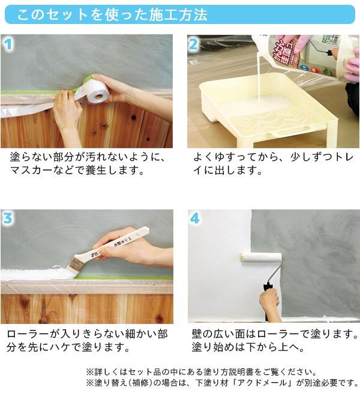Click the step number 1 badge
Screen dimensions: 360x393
[x=8, y=44]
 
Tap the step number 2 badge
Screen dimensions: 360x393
[x=193, y=44]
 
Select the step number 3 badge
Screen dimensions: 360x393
[x=8, y=218]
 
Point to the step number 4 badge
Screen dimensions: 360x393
[x=195, y=218]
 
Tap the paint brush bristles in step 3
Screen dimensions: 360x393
[x=72, y=266]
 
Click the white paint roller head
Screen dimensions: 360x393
[x=261, y=257]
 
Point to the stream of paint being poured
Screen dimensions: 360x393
[x=258, y=80]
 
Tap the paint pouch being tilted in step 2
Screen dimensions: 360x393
[x=306, y=55]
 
